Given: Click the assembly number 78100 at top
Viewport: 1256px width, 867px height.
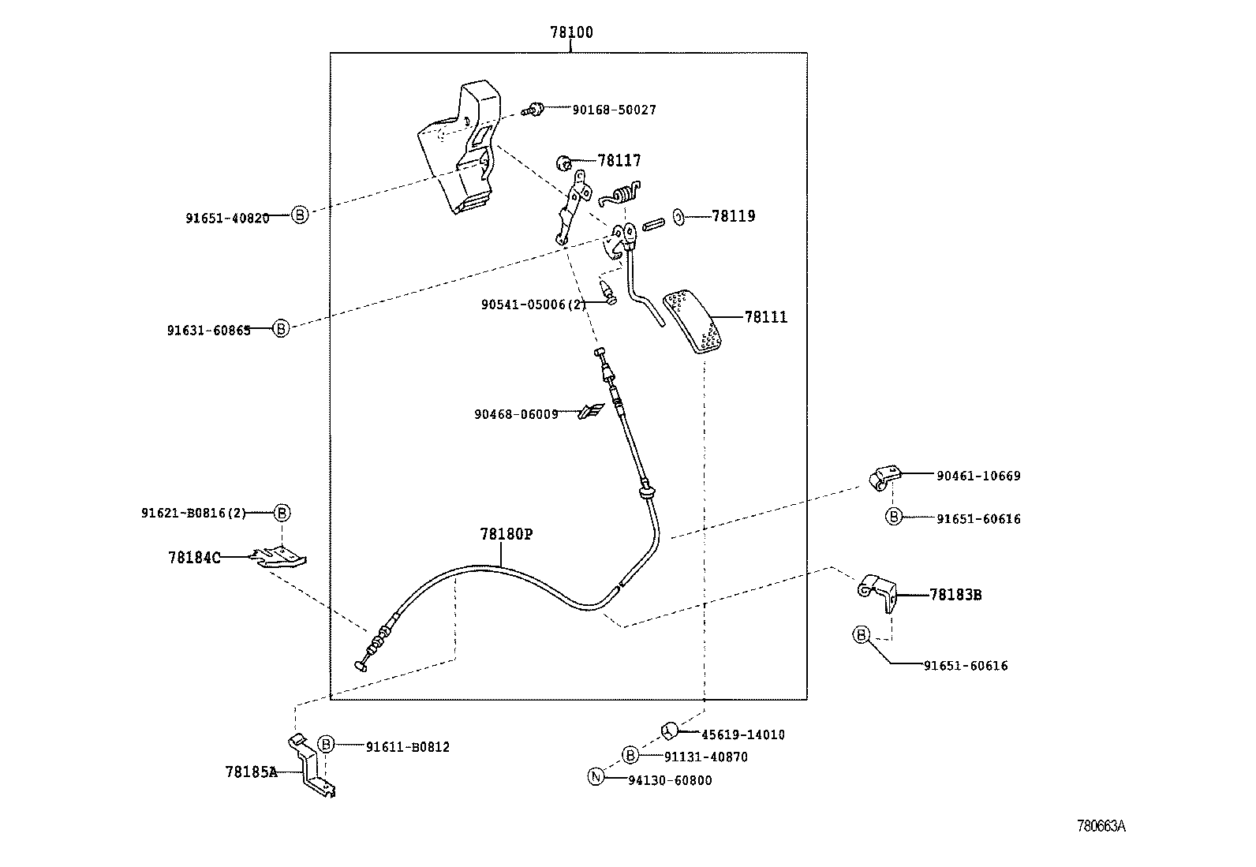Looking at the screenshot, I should click(571, 32).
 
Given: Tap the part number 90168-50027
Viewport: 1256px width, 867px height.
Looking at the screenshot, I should click(614, 110).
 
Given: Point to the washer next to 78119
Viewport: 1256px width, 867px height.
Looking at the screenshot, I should click(678, 215).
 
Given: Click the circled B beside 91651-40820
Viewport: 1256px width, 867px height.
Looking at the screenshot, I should click(299, 214).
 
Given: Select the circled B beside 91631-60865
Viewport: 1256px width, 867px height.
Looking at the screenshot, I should click(281, 328).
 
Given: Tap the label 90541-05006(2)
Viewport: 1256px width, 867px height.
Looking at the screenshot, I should click(533, 305).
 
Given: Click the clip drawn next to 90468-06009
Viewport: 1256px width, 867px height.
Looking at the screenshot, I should click(592, 411).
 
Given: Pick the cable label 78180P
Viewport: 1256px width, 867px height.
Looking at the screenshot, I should click(506, 534).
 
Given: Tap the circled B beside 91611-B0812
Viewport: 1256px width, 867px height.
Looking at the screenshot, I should click(327, 744).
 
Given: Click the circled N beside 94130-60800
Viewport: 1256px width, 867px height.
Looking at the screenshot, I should click(596, 777).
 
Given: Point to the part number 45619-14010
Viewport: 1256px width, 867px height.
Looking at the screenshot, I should click(742, 734).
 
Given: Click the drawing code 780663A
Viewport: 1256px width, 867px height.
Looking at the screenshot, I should click(1101, 826).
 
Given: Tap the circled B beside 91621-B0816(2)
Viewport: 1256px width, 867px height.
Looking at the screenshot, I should click(282, 513).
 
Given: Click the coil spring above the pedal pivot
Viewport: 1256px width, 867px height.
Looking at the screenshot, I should click(624, 194).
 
